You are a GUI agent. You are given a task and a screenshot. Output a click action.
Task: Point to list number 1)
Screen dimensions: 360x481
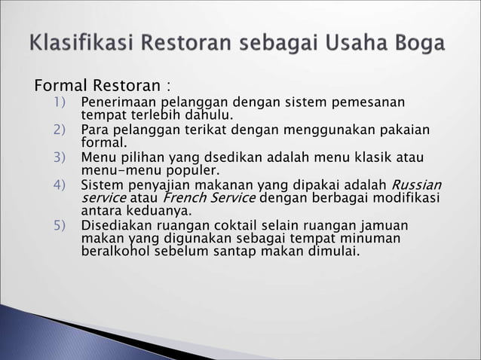pos(60,102)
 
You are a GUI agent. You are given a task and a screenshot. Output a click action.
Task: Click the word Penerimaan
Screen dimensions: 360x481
pos(117,102)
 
